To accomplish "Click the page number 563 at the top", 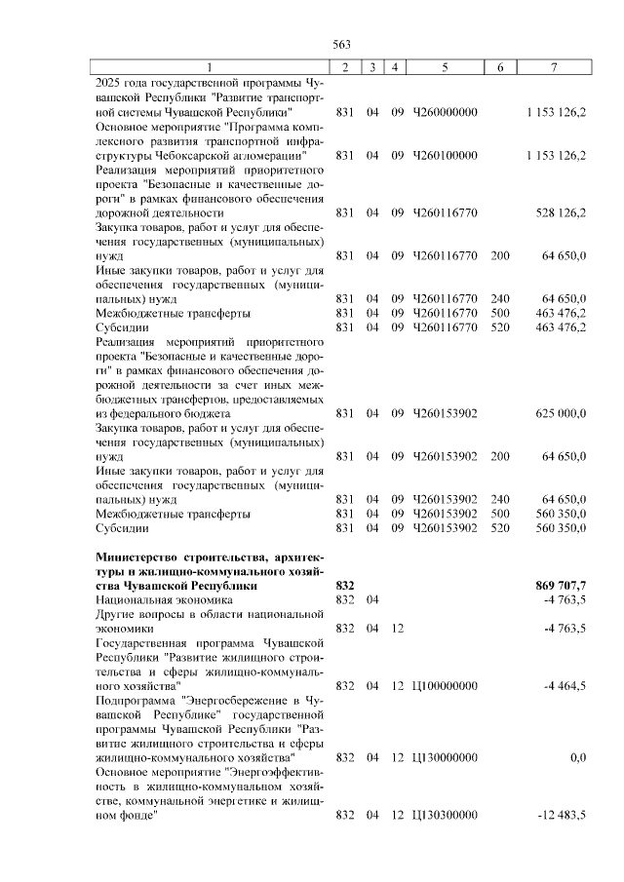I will (341, 44).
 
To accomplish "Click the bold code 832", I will (343, 585).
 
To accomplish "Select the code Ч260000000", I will (446, 112).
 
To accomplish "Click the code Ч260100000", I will (446, 155).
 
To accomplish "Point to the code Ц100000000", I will (446, 685).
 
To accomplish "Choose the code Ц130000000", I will (446, 756).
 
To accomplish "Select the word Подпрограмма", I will (136, 700).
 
